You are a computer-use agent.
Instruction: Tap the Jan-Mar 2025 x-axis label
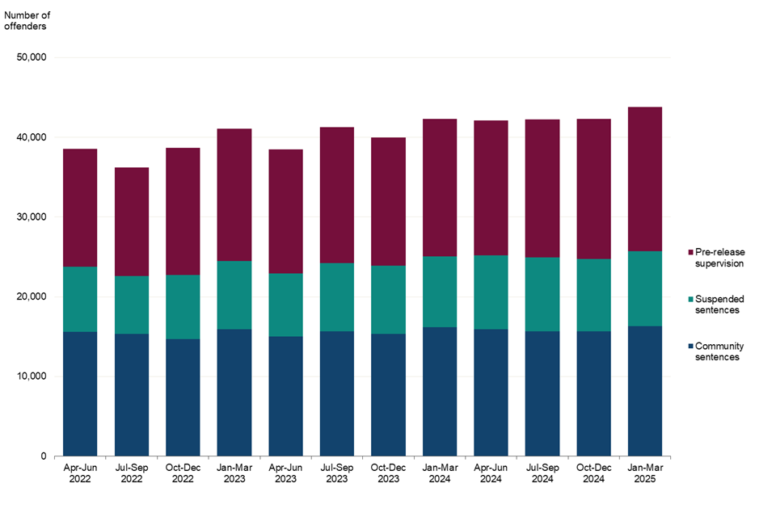pos(645,473)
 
